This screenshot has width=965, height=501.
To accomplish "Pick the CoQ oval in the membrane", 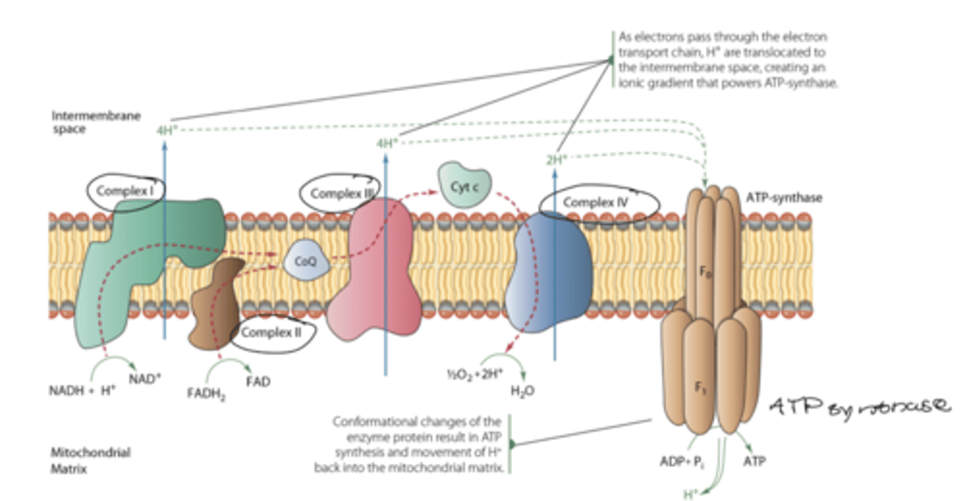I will pyautogui.click(x=306, y=262).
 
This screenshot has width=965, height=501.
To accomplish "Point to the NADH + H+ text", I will pyautogui.click(x=82, y=390).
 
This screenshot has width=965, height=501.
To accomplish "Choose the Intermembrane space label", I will pyautogui.click(x=96, y=122).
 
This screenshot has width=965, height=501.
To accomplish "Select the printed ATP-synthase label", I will pyautogui.click(x=784, y=198).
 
